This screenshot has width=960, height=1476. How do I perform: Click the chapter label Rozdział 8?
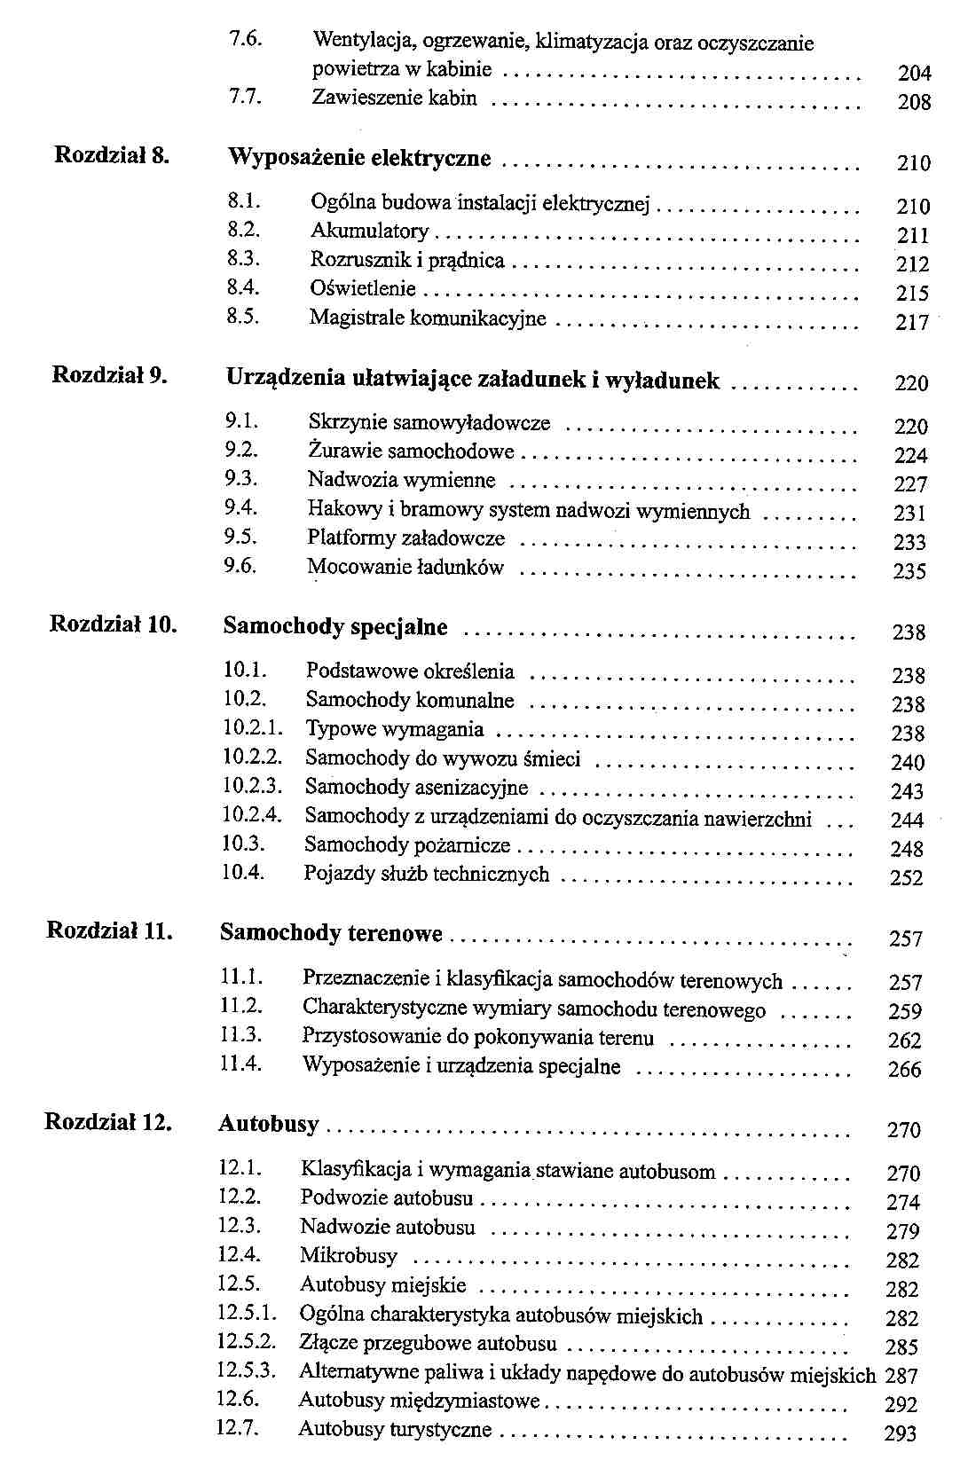click(x=112, y=155)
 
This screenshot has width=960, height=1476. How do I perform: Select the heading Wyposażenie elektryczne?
click(x=359, y=158)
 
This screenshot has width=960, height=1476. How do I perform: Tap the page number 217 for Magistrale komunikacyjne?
click(x=911, y=323)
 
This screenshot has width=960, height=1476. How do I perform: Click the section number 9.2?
click(x=240, y=451)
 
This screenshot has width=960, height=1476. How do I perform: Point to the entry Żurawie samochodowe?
click(x=411, y=451)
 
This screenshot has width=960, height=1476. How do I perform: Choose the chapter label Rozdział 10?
click(x=113, y=624)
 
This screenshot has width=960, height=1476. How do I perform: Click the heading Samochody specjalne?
click(x=335, y=627)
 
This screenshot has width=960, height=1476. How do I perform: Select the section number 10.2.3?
click(x=251, y=787)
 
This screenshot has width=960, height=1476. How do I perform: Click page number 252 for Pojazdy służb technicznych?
click(x=907, y=878)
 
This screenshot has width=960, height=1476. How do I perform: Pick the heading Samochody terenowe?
click(x=331, y=933)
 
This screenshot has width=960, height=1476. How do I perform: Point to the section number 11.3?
click(x=240, y=1035)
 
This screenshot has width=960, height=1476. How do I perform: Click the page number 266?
click(x=905, y=1070)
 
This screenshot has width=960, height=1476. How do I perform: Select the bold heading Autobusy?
click(x=268, y=1124)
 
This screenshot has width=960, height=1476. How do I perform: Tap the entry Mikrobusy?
click(x=349, y=1256)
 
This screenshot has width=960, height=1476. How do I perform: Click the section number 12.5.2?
click(x=247, y=1342)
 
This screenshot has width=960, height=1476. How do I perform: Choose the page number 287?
click(x=901, y=1376)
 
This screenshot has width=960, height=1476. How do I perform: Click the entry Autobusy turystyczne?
click(x=395, y=1429)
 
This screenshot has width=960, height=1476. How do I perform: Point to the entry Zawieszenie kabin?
click(x=394, y=98)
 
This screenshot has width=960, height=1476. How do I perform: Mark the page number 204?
click(x=915, y=74)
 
